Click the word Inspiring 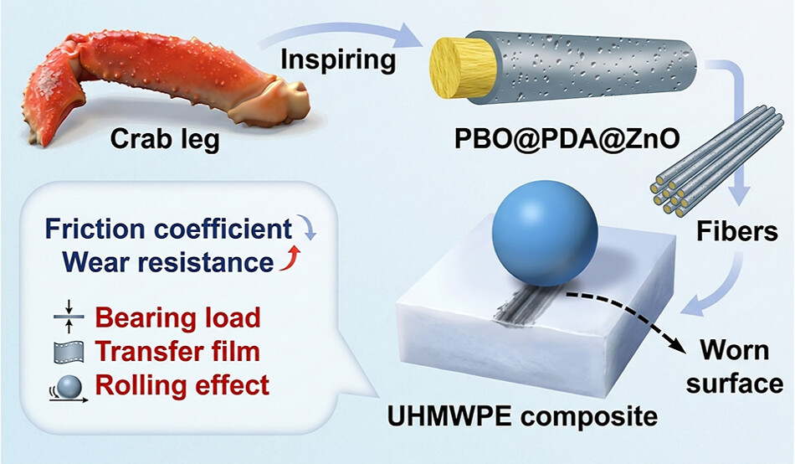pos(338,60)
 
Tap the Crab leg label pos(165,138)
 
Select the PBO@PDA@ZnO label pos(567,139)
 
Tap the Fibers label pos(736,231)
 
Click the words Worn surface pos(735,367)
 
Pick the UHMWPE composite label pos(522,416)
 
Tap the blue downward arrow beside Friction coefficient pos(307,227)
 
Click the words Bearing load pos(178,317)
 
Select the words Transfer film pos(177,351)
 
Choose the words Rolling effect pos(182,385)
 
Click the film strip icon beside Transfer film pos(69,352)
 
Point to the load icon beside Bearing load pos(69,317)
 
